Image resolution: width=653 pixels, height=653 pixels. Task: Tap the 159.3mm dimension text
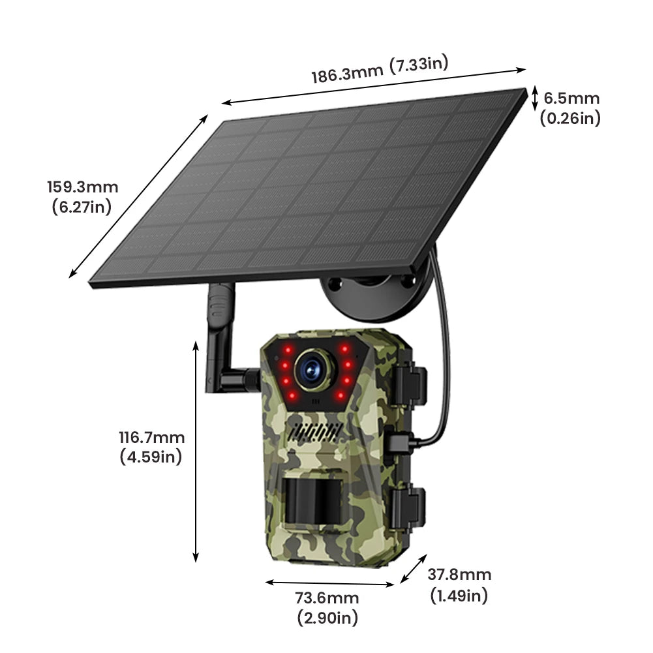(82, 187)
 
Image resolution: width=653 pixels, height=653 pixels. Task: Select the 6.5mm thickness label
(571, 99)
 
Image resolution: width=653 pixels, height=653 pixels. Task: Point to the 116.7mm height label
(151, 438)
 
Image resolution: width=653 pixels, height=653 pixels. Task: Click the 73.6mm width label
(327, 598)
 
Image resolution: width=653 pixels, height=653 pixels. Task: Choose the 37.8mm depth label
(459, 575)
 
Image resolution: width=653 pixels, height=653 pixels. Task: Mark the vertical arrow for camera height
(195, 451)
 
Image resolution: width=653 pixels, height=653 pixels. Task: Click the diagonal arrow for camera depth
(413, 568)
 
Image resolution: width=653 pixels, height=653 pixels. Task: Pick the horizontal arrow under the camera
(330, 583)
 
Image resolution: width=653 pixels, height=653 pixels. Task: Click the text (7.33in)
(418, 65)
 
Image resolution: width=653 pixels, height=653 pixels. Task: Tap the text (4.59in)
(151, 457)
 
